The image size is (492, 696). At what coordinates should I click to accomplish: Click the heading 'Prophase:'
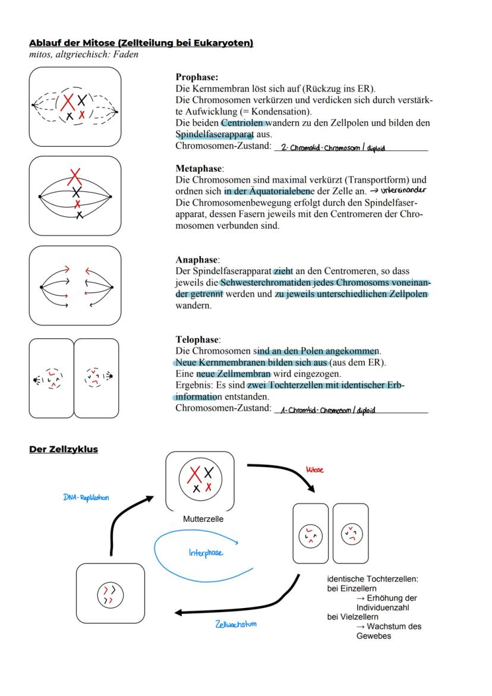click(x=197, y=77)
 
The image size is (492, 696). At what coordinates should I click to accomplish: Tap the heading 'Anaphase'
click(x=197, y=260)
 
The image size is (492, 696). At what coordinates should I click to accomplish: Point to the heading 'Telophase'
click(x=198, y=339)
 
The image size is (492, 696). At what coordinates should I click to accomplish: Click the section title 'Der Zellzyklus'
click(x=64, y=449)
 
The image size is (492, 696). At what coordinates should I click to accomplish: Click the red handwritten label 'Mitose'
click(x=315, y=470)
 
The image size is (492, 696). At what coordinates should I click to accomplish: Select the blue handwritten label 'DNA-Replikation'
click(x=86, y=498)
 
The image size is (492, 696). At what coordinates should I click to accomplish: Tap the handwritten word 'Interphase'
click(x=206, y=553)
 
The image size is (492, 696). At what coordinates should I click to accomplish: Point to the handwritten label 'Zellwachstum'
click(x=236, y=625)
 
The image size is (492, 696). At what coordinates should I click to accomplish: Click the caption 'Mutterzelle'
click(x=203, y=519)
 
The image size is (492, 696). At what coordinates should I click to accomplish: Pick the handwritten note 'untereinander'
click(x=403, y=191)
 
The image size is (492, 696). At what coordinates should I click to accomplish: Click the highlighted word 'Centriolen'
click(x=242, y=123)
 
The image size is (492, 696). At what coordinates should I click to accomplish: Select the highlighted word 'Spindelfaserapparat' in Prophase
click(x=214, y=134)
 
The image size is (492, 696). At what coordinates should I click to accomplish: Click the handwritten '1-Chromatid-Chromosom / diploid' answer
click(x=327, y=410)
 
